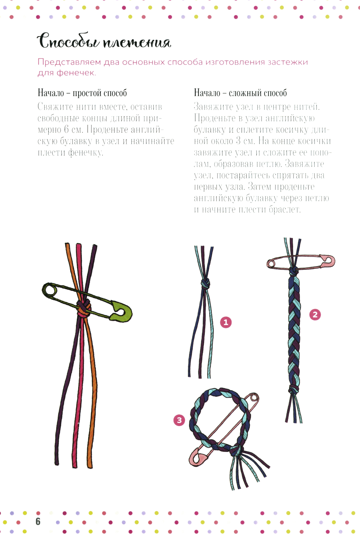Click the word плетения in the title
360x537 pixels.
pyautogui.click(x=137, y=43)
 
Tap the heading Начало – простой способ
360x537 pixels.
pyautogui.click(x=82, y=93)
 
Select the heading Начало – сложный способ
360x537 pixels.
pyautogui.click(x=240, y=93)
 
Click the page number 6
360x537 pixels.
pyautogui.click(x=38, y=522)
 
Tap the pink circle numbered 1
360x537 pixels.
pyautogui.click(x=226, y=322)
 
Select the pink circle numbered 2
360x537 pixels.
pyautogui.click(x=315, y=314)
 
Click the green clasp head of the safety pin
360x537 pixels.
pyautogui.click(x=121, y=311)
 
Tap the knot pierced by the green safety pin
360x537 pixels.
pyautogui.click(x=84, y=308)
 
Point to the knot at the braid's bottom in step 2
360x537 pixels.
pyautogui.click(x=294, y=389)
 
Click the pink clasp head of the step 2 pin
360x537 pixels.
pyautogui.click(x=329, y=261)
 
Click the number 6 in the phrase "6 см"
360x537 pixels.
pyautogui.click(x=67, y=130)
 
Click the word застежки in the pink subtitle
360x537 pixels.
pyautogui.click(x=288, y=62)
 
